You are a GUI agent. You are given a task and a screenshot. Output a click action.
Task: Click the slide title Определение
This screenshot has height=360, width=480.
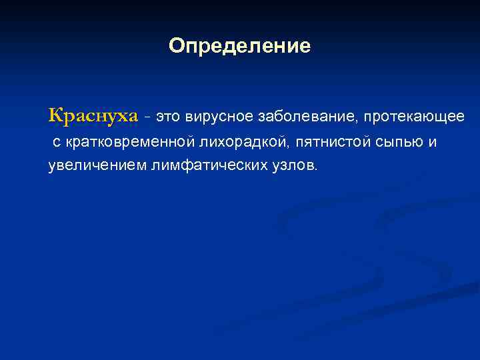point(239,46)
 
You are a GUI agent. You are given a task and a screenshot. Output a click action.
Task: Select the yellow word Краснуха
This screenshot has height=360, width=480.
point(93,116)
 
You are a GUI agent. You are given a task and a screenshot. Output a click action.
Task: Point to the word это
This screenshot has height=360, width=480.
point(168,117)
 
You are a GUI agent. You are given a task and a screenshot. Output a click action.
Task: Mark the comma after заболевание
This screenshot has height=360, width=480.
point(359,121)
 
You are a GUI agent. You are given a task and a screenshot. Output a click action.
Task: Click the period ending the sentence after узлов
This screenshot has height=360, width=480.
point(317,169)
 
